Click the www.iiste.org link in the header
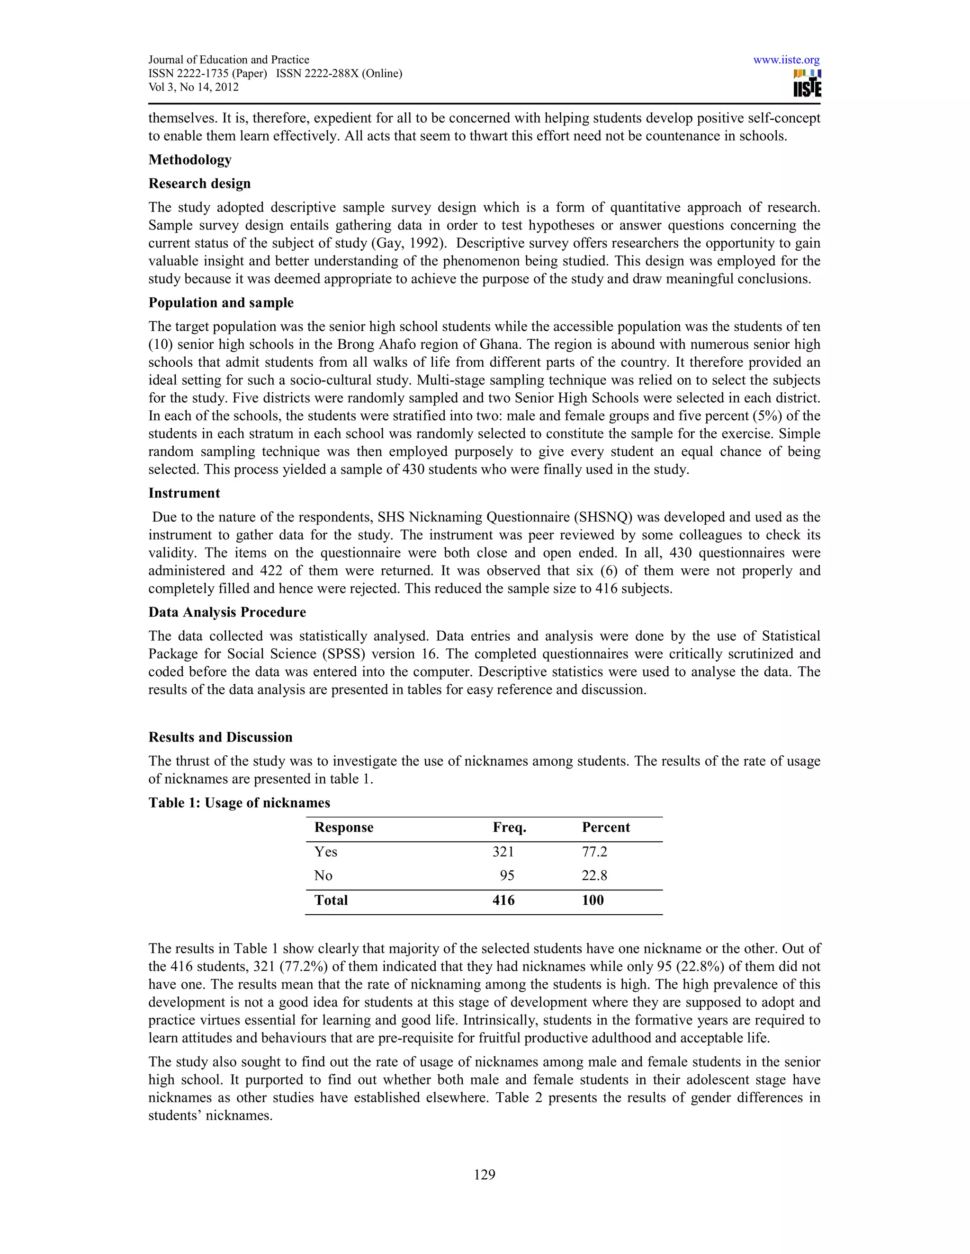pos(786,60)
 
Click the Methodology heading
pos(189,159)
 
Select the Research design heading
pos(199,184)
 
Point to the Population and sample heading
pos(221,302)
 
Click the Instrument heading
pos(184,493)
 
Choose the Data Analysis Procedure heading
pos(227,612)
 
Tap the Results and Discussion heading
pos(220,737)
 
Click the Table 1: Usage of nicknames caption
pos(239,803)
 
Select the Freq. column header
pos(509,827)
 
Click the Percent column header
pos(606,827)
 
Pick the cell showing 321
pos(503,851)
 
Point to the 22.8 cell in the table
pos(594,875)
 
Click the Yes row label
pos(325,851)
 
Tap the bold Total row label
pos(331,900)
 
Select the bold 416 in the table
pos(503,900)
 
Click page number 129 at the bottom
pos(485,1175)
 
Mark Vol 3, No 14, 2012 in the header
pos(193,87)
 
